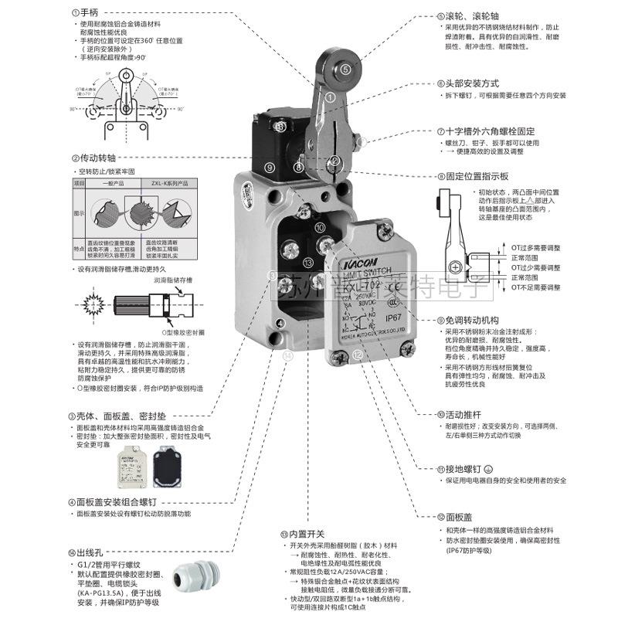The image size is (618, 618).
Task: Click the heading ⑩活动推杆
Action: point(466,413)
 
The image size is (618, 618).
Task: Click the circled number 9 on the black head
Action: point(270,166)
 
